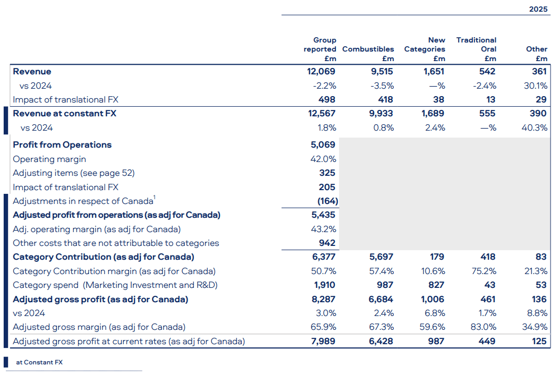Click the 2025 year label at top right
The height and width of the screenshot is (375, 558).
(x=538, y=9)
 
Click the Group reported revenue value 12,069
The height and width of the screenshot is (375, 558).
(x=321, y=72)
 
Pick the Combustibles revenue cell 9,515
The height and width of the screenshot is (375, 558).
(x=382, y=72)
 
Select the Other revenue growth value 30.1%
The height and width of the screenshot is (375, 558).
(x=536, y=86)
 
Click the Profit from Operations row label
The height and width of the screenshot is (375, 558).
(x=62, y=145)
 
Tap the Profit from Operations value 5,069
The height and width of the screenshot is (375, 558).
(x=323, y=145)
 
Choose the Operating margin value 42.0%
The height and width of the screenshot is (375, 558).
(x=323, y=159)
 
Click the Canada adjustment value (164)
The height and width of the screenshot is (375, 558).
(x=328, y=201)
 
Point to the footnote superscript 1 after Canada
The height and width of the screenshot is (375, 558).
(x=155, y=198)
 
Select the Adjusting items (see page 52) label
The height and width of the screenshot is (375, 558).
(x=74, y=173)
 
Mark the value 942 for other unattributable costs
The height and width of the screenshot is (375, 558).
(x=327, y=243)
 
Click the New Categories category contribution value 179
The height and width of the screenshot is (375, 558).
(x=437, y=257)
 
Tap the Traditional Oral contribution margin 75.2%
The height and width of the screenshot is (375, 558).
(x=484, y=271)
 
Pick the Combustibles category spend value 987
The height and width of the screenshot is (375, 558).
(x=385, y=285)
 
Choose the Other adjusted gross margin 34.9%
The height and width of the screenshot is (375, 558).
(x=535, y=327)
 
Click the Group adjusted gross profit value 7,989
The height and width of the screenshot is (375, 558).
(x=323, y=341)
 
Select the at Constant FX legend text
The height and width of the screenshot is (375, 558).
(x=39, y=362)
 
